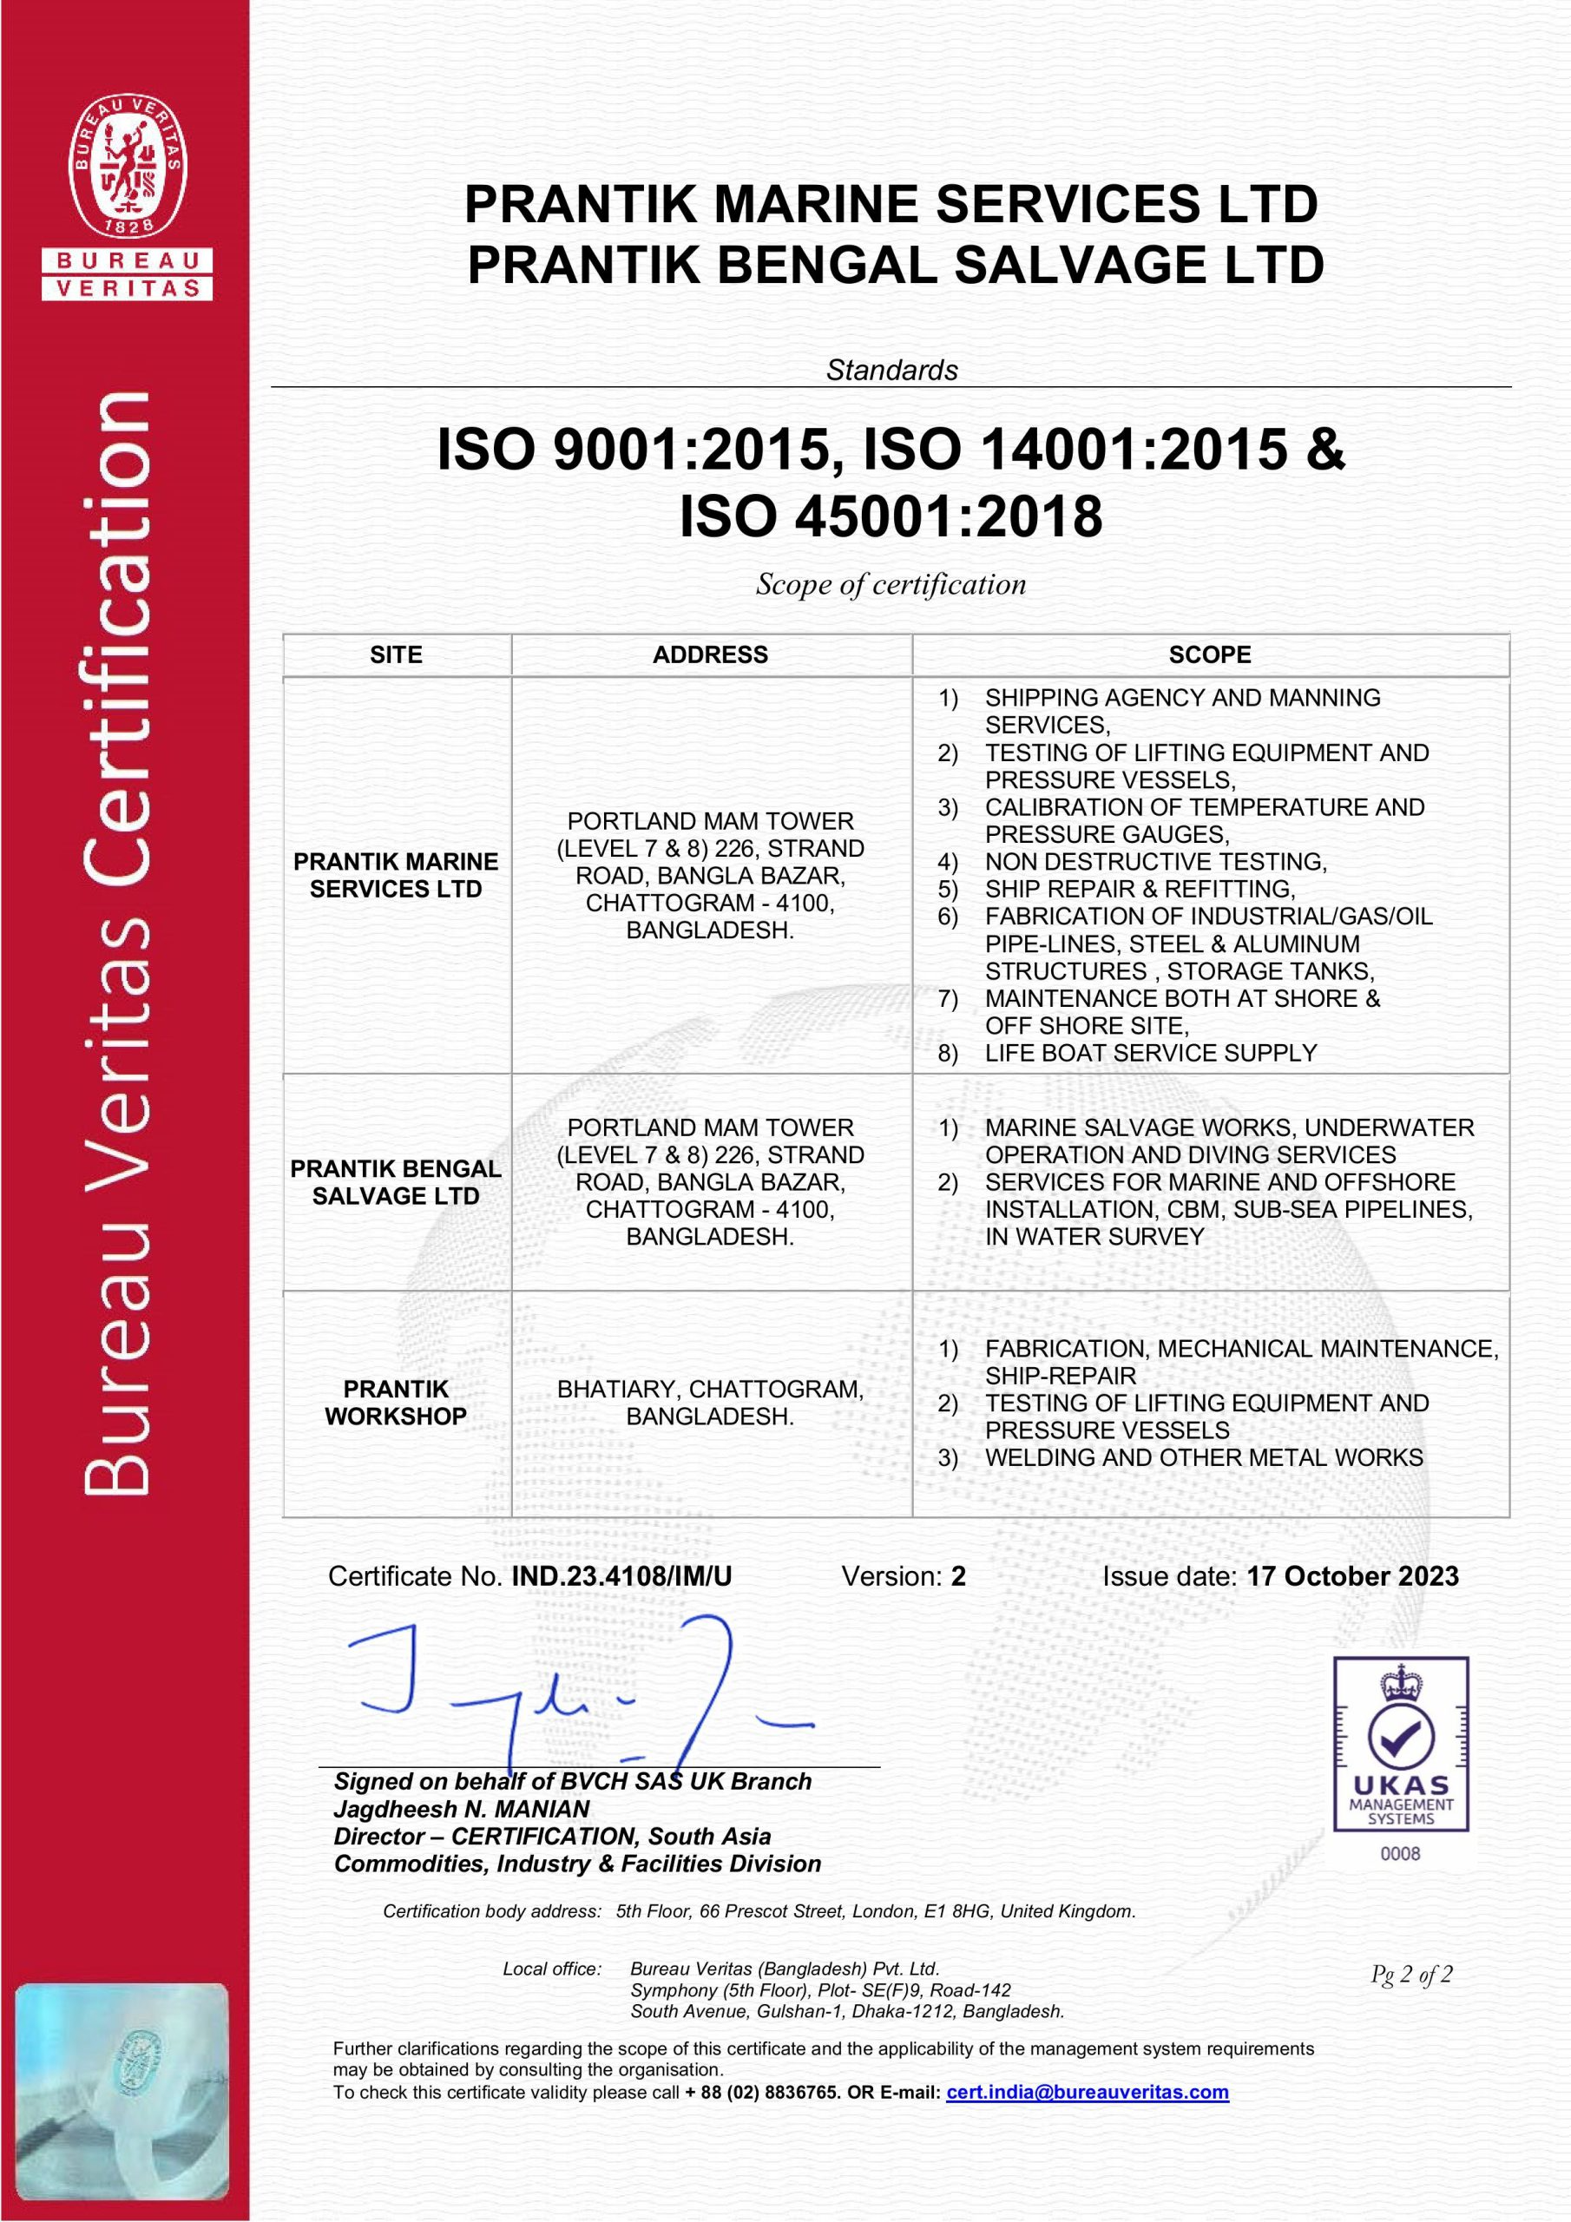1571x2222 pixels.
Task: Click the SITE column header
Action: (x=396, y=655)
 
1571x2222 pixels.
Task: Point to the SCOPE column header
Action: (x=1209, y=655)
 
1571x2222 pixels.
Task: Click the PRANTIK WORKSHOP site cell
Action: (x=396, y=1403)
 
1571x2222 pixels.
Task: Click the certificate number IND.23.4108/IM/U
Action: (x=621, y=1576)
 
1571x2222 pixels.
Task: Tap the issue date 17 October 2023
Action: (x=1351, y=1576)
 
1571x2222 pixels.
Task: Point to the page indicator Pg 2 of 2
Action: (x=1410, y=1975)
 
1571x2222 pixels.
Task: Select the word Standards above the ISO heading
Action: (x=891, y=370)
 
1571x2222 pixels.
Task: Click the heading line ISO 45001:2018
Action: (x=891, y=516)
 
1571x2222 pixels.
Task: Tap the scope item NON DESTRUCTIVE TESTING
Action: (x=1154, y=861)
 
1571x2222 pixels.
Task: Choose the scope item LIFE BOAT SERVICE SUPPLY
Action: (x=1150, y=1053)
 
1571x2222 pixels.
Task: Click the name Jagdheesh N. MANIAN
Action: (x=462, y=1809)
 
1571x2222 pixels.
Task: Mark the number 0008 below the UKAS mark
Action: (x=1400, y=1853)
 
